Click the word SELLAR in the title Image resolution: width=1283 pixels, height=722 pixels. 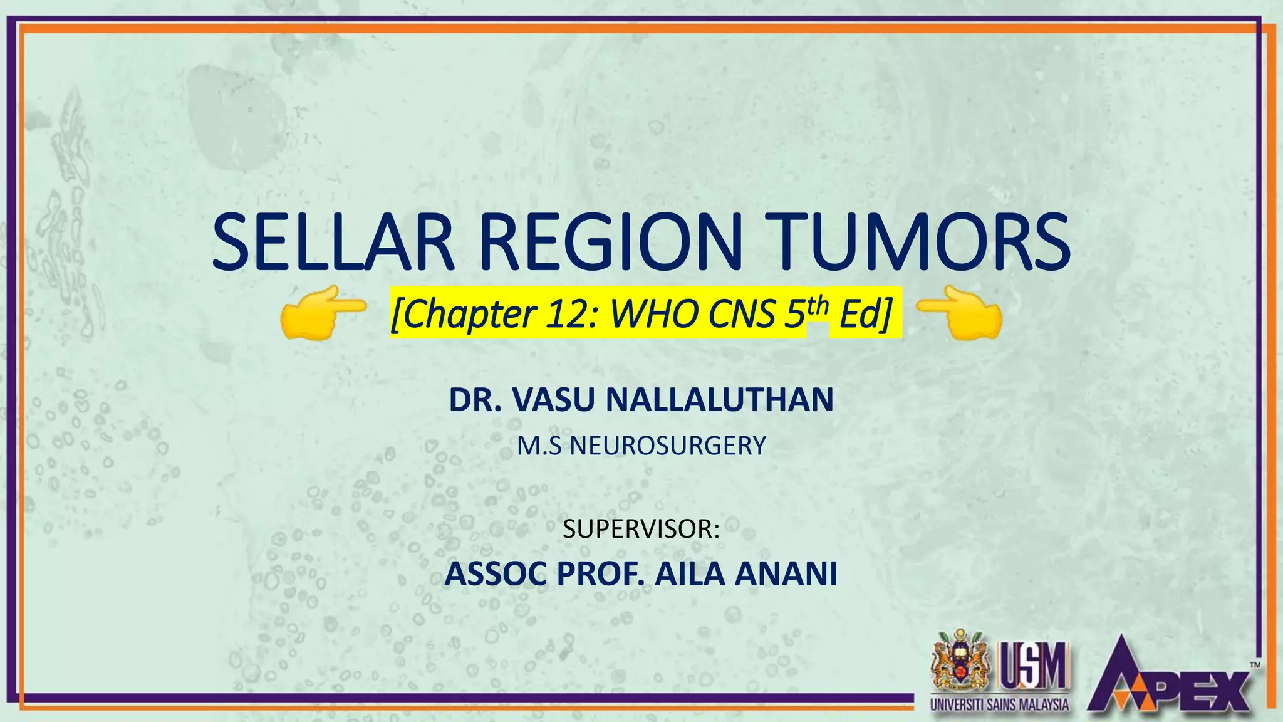click(333, 243)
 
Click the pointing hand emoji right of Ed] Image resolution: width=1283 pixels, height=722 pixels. click(960, 311)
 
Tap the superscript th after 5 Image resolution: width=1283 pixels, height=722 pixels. click(818, 306)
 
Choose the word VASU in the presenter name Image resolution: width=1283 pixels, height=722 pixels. click(553, 400)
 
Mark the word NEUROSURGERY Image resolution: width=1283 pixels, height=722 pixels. click(668, 446)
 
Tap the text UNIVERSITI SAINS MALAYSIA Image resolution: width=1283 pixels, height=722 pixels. click(999, 704)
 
